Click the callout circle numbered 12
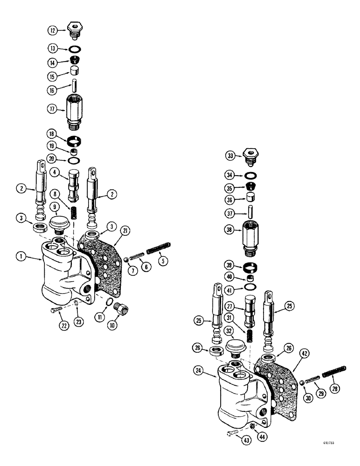[53, 31]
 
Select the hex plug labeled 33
[251, 156]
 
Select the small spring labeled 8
[73, 212]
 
